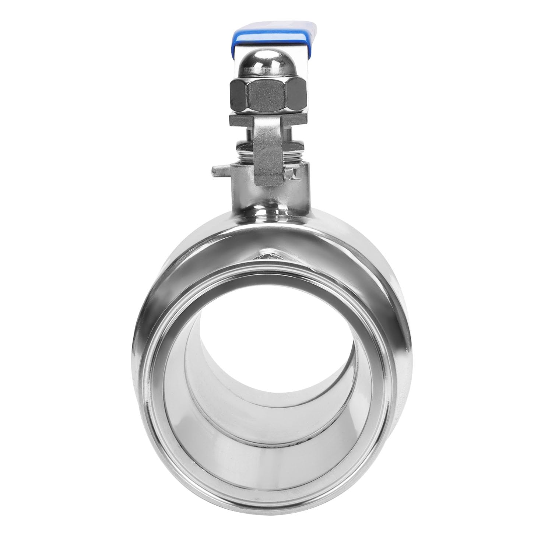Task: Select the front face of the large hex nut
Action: [x=268, y=96]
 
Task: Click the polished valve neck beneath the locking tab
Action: [x=269, y=199]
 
